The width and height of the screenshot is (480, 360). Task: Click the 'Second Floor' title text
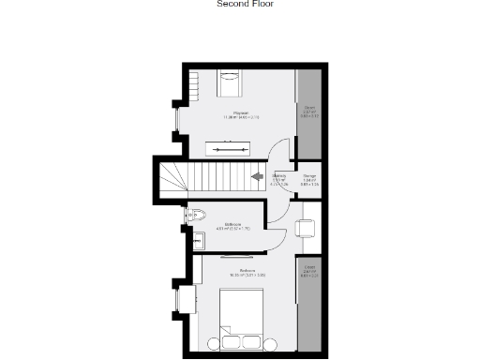tap(246, 4)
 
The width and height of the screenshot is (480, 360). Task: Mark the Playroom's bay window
tap(177, 118)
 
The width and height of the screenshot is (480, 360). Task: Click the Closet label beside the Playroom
tap(308, 112)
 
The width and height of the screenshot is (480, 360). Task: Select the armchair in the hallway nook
tap(306, 228)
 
